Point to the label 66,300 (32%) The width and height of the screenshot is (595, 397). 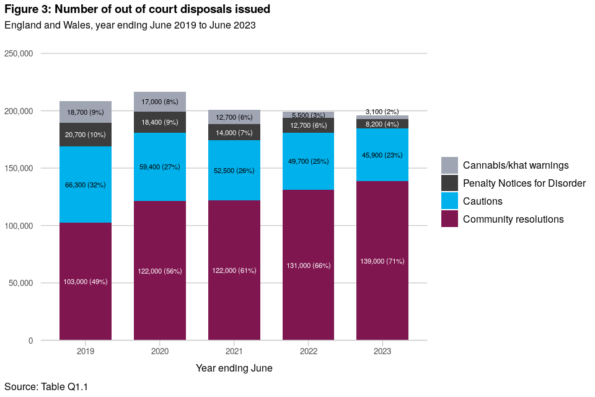(x=86, y=185)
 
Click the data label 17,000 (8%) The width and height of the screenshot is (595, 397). (x=160, y=102)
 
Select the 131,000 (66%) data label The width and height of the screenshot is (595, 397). (x=309, y=265)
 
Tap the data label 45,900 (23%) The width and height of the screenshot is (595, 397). (x=382, y=155)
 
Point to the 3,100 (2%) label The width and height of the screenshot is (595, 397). (x=382, y=112)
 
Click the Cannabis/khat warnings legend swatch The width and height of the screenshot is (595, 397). (x=450, y=165)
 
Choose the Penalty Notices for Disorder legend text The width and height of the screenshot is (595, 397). (x=524, y=183)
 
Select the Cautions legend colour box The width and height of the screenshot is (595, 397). (x=450, y=201)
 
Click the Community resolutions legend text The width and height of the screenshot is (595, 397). (x=513, y=219)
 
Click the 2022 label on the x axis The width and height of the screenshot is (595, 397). (x=309, y=351)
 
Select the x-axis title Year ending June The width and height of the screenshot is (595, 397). (x=234, y=368)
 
